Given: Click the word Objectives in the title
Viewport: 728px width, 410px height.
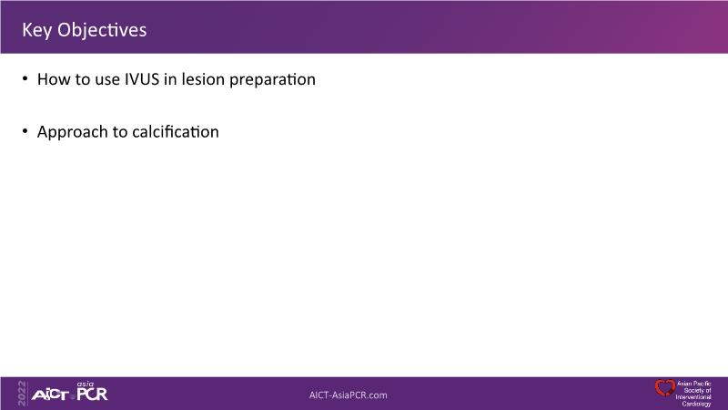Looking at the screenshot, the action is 102,31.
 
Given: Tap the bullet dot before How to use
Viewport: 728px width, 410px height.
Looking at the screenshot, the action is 25,78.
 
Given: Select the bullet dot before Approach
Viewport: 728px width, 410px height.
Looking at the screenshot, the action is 25,131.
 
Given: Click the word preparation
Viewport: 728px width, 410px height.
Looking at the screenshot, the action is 272,80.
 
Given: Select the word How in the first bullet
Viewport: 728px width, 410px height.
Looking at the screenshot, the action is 51,79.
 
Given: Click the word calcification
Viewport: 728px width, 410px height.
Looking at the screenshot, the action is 176,131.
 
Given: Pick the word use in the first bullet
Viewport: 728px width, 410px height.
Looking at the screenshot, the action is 107,80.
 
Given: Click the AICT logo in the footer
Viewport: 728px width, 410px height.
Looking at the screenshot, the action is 50,395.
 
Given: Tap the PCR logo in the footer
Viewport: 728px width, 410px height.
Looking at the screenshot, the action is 92,394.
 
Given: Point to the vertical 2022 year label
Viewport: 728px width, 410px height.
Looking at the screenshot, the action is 22,394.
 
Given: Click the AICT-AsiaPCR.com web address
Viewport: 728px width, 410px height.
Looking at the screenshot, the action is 349,395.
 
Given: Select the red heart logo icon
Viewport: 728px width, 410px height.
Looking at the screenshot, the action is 664,388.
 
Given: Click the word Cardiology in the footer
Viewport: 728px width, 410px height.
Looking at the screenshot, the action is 696,404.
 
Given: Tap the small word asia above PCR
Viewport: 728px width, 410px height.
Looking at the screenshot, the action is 86,384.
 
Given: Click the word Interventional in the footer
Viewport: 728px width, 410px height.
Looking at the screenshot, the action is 693,397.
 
